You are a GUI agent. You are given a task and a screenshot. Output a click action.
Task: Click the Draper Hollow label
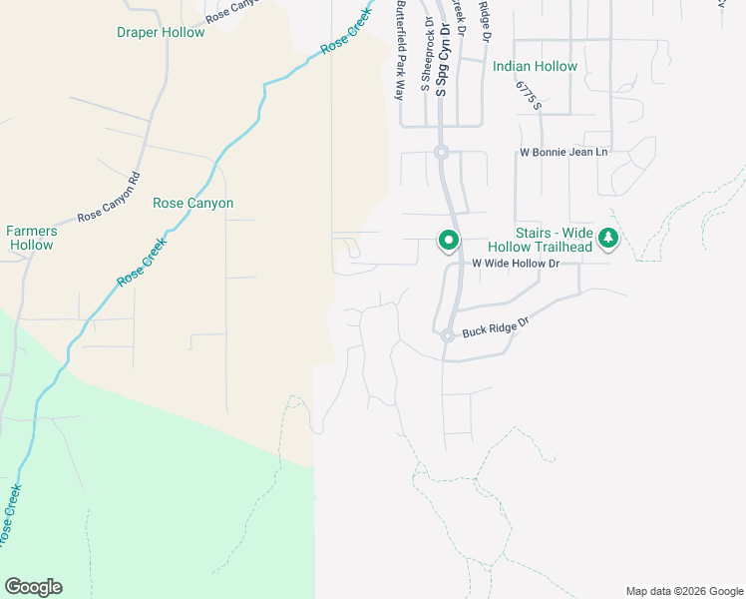tap(161, 32)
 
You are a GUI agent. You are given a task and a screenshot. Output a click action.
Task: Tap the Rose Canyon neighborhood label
tap(192, 203)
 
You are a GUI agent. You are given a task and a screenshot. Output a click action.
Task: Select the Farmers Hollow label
tap(30, 238)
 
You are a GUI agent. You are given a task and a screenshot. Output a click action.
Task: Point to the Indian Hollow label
tap(535, 66)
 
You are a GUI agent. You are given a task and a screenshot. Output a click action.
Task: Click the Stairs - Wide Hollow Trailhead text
tap(554, 239)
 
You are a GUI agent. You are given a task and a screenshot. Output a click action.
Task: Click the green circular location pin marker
tap(449, 240)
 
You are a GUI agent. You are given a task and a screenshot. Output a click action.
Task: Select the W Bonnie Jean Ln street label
tap(563, 153)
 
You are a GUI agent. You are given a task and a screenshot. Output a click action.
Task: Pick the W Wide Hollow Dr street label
tap(516, 263)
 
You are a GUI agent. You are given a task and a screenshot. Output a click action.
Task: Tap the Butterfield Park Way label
tap(401, 50)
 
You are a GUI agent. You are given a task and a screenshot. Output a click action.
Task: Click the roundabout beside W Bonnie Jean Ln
tap(441, 152)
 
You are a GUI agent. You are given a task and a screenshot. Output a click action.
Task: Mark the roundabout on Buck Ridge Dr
tap(448, 336)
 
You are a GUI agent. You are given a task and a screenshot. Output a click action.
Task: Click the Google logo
tap(33, 587)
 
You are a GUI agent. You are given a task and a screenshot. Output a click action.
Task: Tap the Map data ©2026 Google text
tap(684, 591)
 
